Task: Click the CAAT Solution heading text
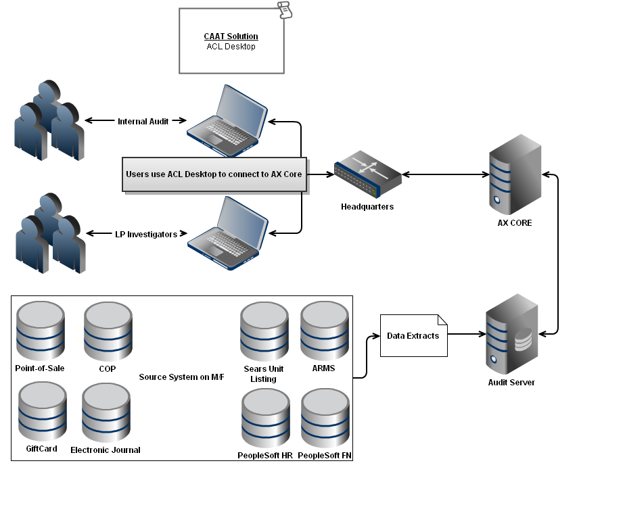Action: [x=231, y=37]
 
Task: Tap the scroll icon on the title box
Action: [x=285, y=10]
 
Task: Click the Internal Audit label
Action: [x=143, y=122]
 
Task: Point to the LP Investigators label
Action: [x=145, y=235]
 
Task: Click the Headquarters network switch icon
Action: [x=367, y=175]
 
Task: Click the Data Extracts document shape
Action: [x=413, y=336]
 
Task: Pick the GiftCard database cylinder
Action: [x=43, y=411]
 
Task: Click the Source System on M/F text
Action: [x=181, y=377]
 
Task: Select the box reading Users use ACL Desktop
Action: [x=214, y=174]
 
